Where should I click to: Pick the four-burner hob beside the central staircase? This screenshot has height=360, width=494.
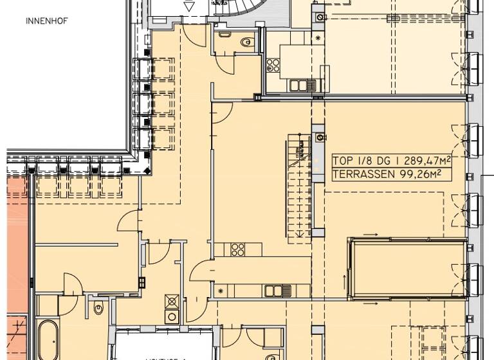pyautogui.click(x=238, y=250)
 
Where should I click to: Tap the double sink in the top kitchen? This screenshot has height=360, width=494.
pyautogui.click(x=300, y=85)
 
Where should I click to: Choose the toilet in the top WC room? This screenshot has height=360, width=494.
pyautogui.click(x=246, y=42)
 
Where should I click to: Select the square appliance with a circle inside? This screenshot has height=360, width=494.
pyautogui.click(x=172, y=316)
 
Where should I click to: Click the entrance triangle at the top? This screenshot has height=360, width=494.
pyautogui.click(x=188, y=5)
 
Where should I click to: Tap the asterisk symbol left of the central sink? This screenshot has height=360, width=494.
pyautogui.click(x=221, y=291)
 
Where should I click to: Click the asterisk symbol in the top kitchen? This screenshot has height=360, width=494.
pyautogui.click(x=317, y=38)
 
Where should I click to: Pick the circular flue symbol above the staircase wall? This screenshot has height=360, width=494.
pyautogui.click(x=319, y=136)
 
